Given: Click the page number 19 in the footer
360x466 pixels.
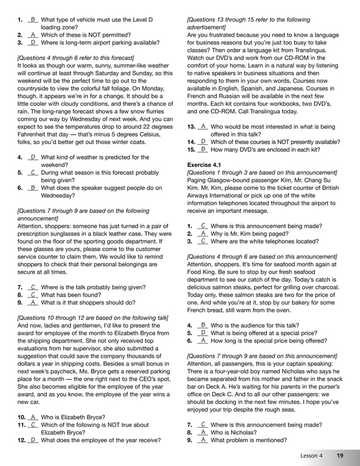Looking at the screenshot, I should (x=340, y=455).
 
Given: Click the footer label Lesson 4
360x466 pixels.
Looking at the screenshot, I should (x=311, y=455).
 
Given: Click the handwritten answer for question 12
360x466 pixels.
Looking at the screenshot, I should (x=33, y=439).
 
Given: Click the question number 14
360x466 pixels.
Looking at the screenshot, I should (x=191, y=142).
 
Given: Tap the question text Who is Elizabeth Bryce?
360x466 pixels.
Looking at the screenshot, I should (x=73, y=417).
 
